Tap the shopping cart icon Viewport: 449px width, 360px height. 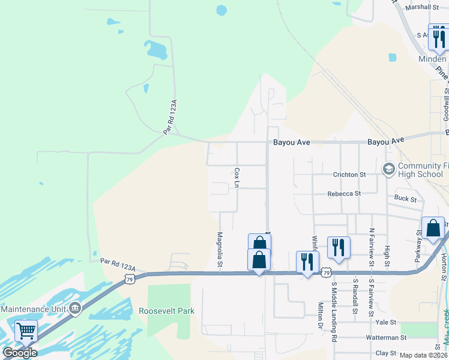[26, 331]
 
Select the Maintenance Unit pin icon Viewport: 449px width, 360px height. [74, 308]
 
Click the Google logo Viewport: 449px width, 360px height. [20, 352]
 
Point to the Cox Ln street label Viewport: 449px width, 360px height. [237, 178]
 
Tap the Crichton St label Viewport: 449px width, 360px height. [349, 174]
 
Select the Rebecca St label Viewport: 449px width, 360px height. [344, 194]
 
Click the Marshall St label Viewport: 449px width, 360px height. [423, 7]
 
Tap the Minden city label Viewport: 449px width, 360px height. [432, 59]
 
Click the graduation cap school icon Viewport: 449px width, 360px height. [388, 169]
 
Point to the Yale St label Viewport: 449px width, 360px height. [386, 322]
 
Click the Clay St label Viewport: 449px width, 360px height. [387, 353]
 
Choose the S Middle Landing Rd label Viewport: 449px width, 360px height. [334, 313]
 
